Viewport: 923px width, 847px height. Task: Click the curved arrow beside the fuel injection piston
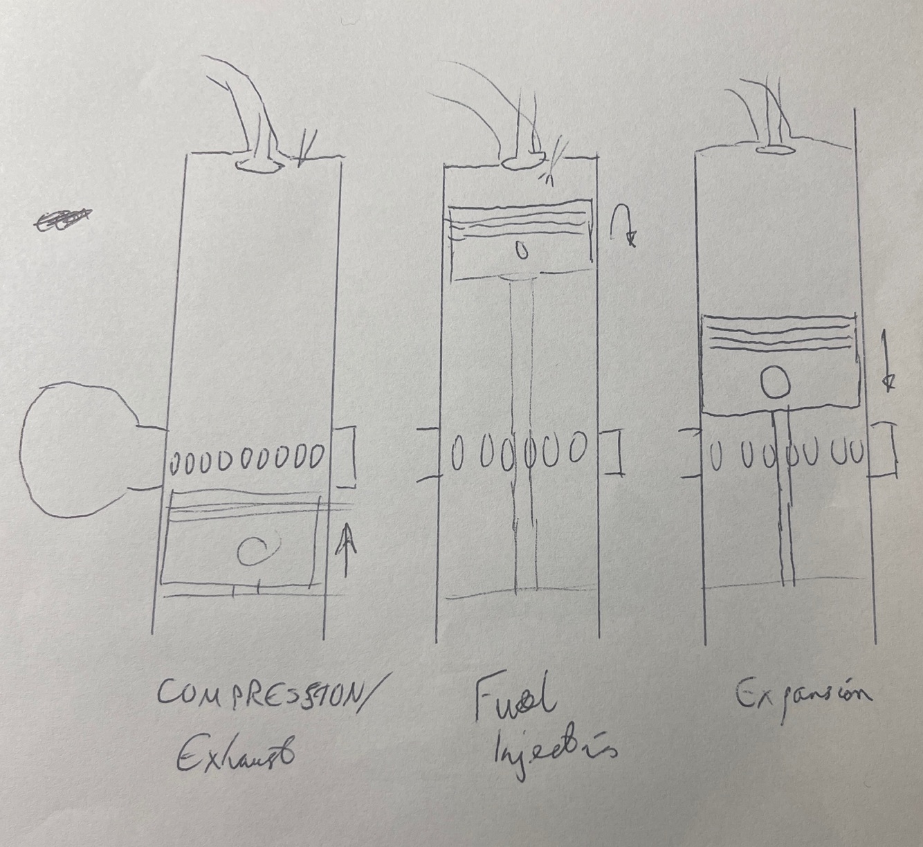[624, 228]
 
